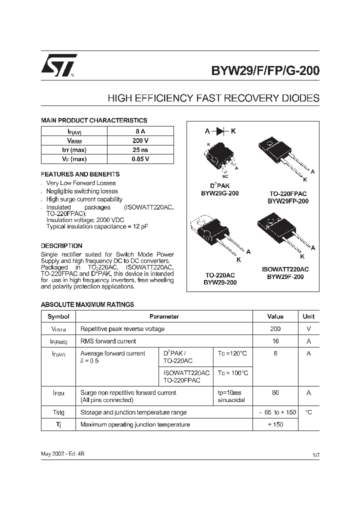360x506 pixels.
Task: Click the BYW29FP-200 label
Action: click(x=287, y=201)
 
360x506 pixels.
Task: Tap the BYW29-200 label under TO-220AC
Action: click(x=220, y=282)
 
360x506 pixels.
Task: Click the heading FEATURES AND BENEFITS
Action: click(x=80, y=174)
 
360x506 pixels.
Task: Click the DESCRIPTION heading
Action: click(x=61, y=246)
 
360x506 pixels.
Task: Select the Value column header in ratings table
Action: click(x=275, y=316)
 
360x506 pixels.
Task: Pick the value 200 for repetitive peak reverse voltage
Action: click(x=275, y=329)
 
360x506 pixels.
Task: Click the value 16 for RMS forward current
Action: click(x=275, y=341)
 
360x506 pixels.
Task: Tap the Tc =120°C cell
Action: click(x=232, y=353)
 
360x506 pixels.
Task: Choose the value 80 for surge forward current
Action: click(x=275, y=393)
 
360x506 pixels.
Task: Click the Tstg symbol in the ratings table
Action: click(x=58, y=412)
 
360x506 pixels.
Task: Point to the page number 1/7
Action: click(x=315, y=455)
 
